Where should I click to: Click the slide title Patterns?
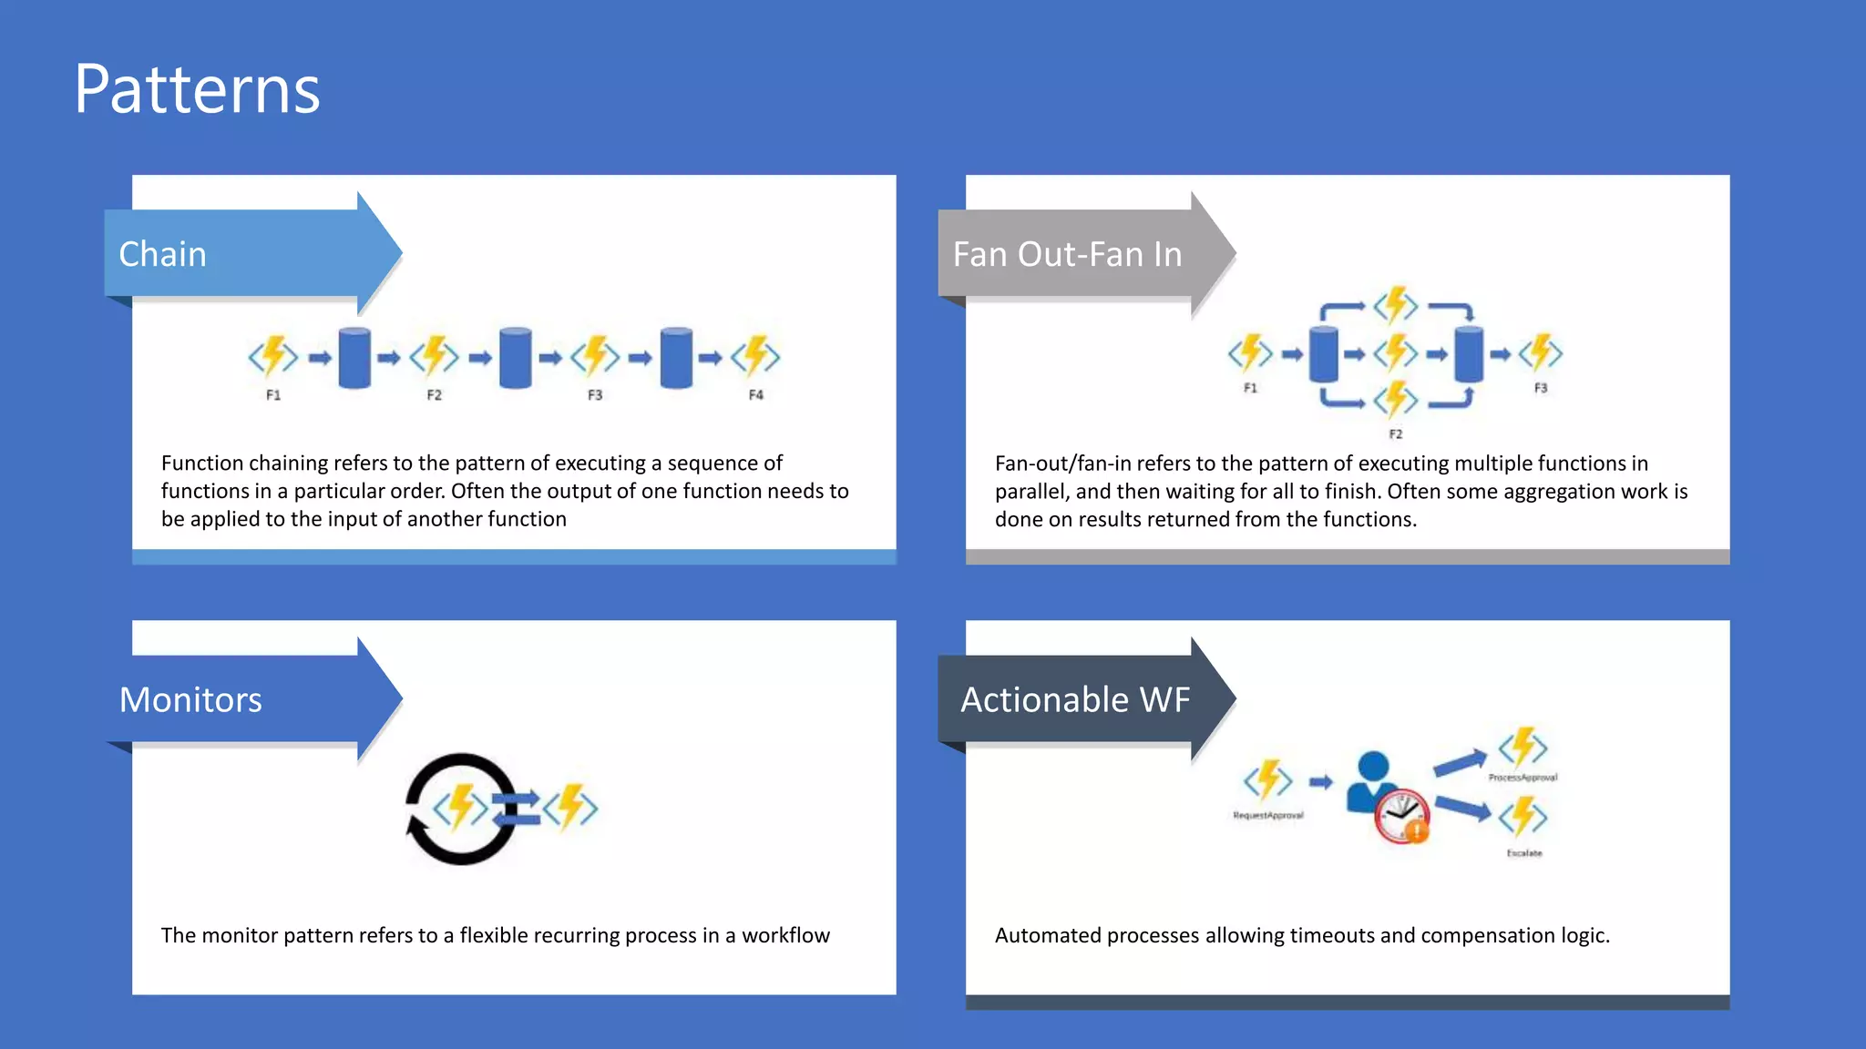pyautogui.click(x=197, y=89)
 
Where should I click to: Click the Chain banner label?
pyautogui.click(x=162, y=254)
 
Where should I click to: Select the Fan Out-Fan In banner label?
pyautogui.click(x=1067, y=254)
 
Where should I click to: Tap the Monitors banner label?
pyautogui.click(x=190, y=699)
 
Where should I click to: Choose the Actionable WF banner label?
pyautogui.click(x=1075, y=699)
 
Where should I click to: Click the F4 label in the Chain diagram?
pyautogui.click(x=755, y=395)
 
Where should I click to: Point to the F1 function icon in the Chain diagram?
pyautogui.click(x=273, y=356)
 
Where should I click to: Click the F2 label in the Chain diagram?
pyautogui.click(x=434, y=395)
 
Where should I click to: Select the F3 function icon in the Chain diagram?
pyautogui.click(x=595, y=356)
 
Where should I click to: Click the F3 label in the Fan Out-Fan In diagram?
pyautogui.click(x=1540, y=388)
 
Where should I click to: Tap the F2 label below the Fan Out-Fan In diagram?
pyautogui.click(x=1395, y=434)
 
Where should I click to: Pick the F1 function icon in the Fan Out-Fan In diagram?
pyautogui.click(x=1250, y=352)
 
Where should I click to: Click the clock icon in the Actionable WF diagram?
pyautogui.click(x=1400, y=815)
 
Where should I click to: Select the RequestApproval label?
pyautogui.click(x=1268, y=816)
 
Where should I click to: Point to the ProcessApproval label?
pyautogui.click(x=1523, y=778)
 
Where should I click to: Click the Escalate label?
pyautogui.click(x=1524, y=853)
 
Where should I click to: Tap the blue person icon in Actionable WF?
pyautogui.click(x=1371, y=779)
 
